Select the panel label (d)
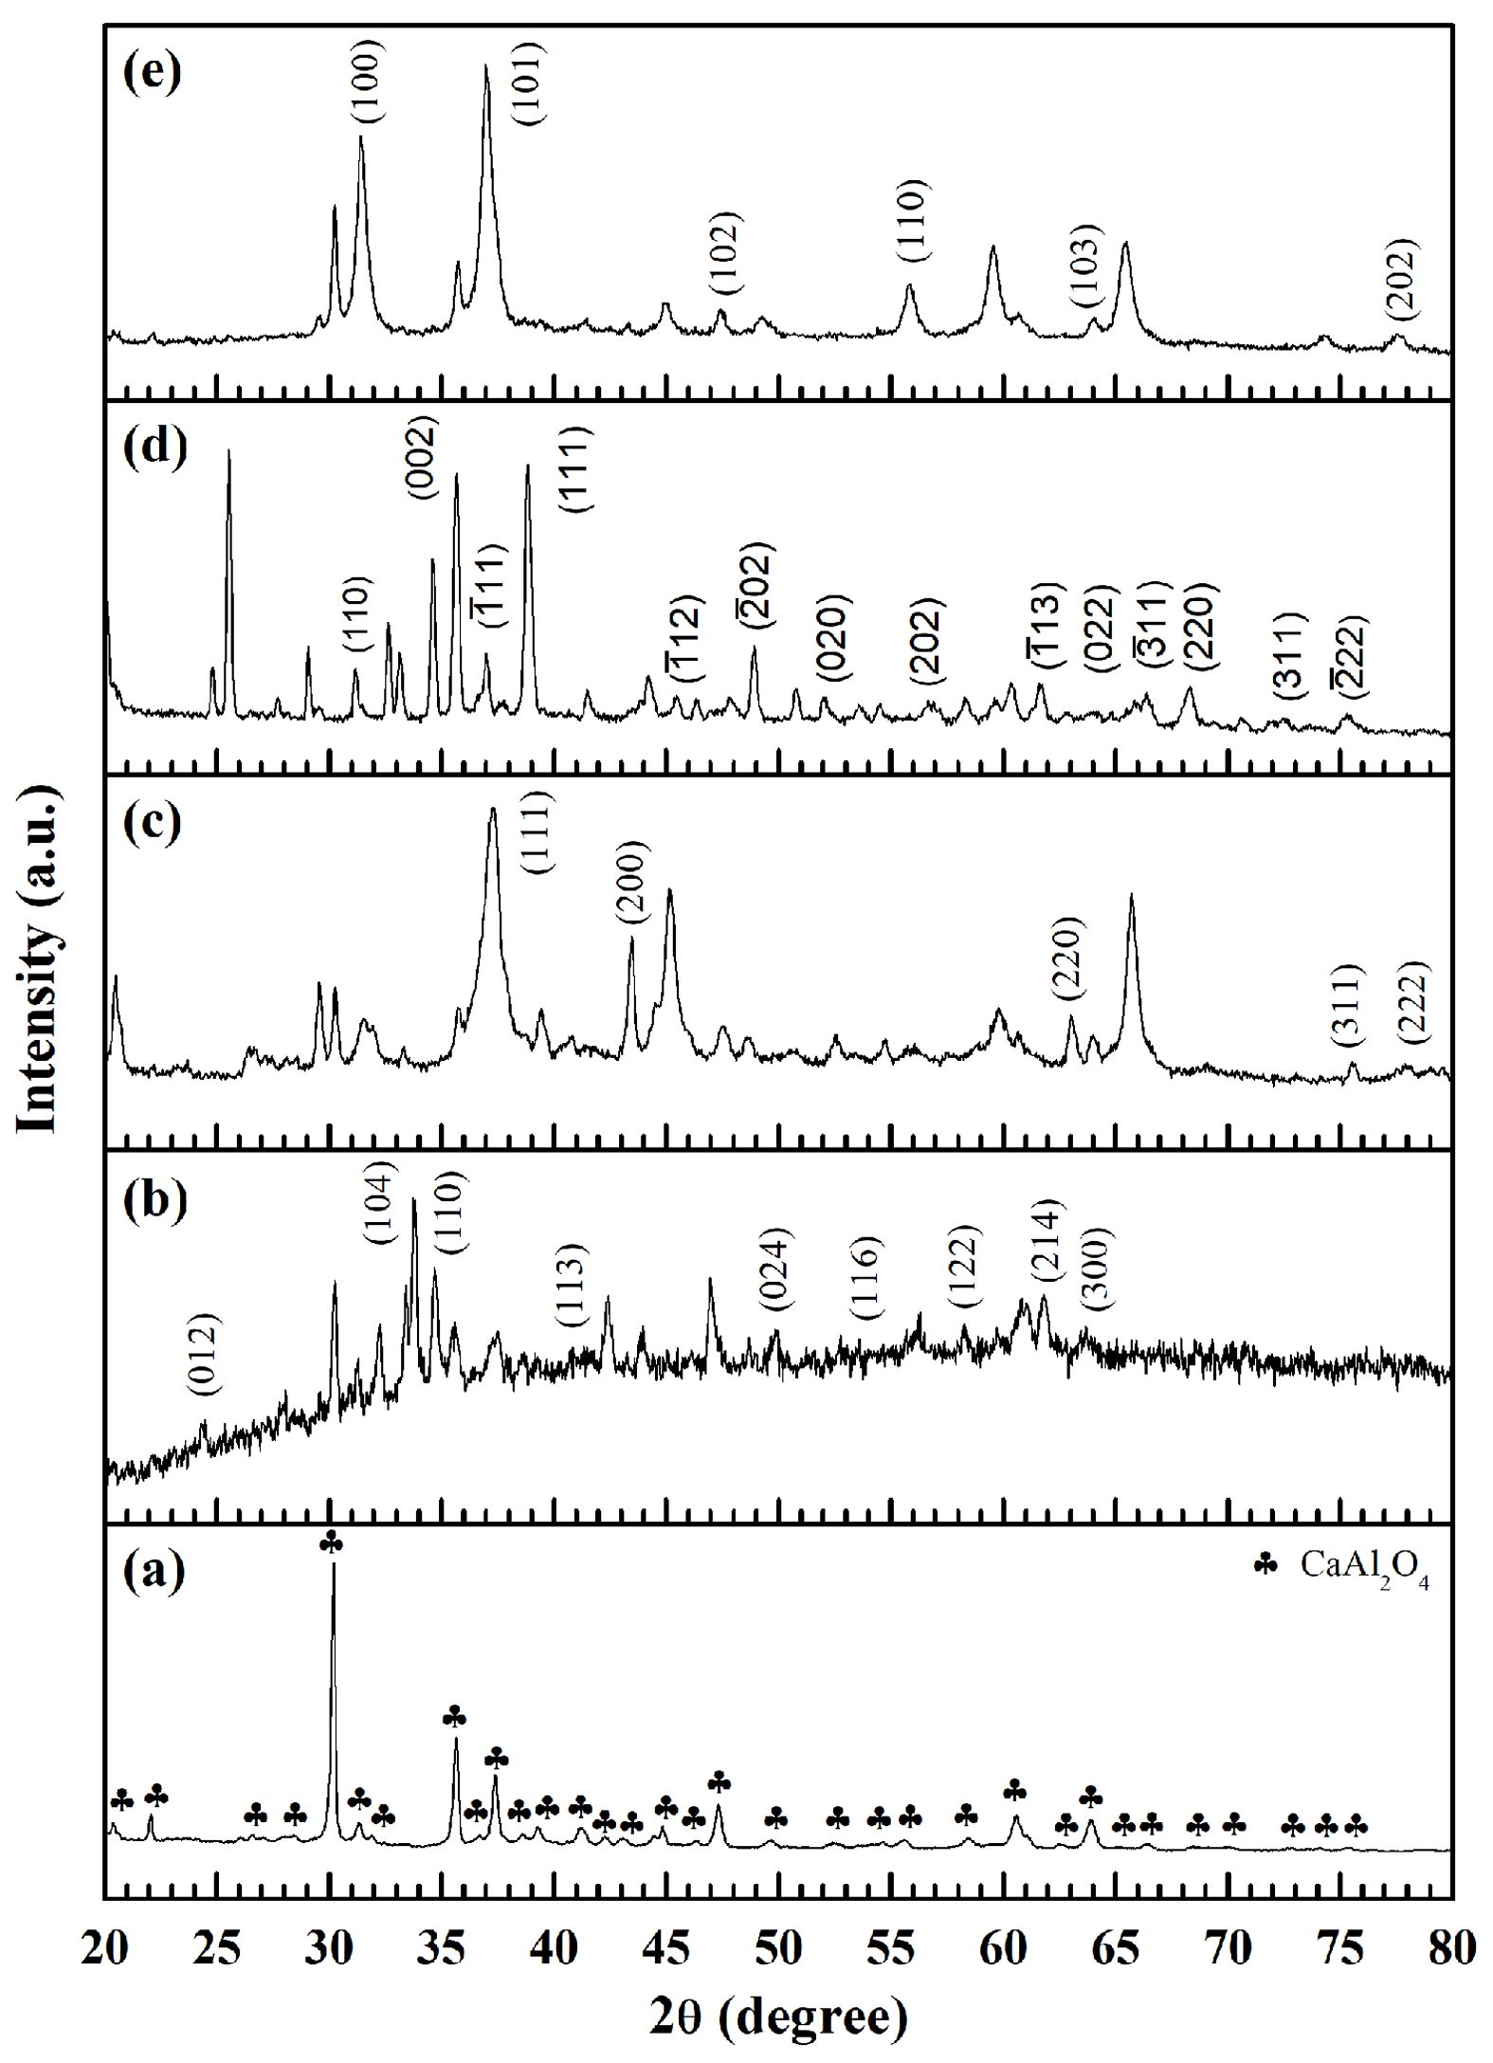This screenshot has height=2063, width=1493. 153,447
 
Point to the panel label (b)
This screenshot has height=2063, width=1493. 153,1201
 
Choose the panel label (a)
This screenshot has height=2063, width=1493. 153,1574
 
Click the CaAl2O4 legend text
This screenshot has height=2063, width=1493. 1363,1564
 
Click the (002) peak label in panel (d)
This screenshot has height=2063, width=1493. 419,458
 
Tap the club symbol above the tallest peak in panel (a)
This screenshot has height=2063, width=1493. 332,1544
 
